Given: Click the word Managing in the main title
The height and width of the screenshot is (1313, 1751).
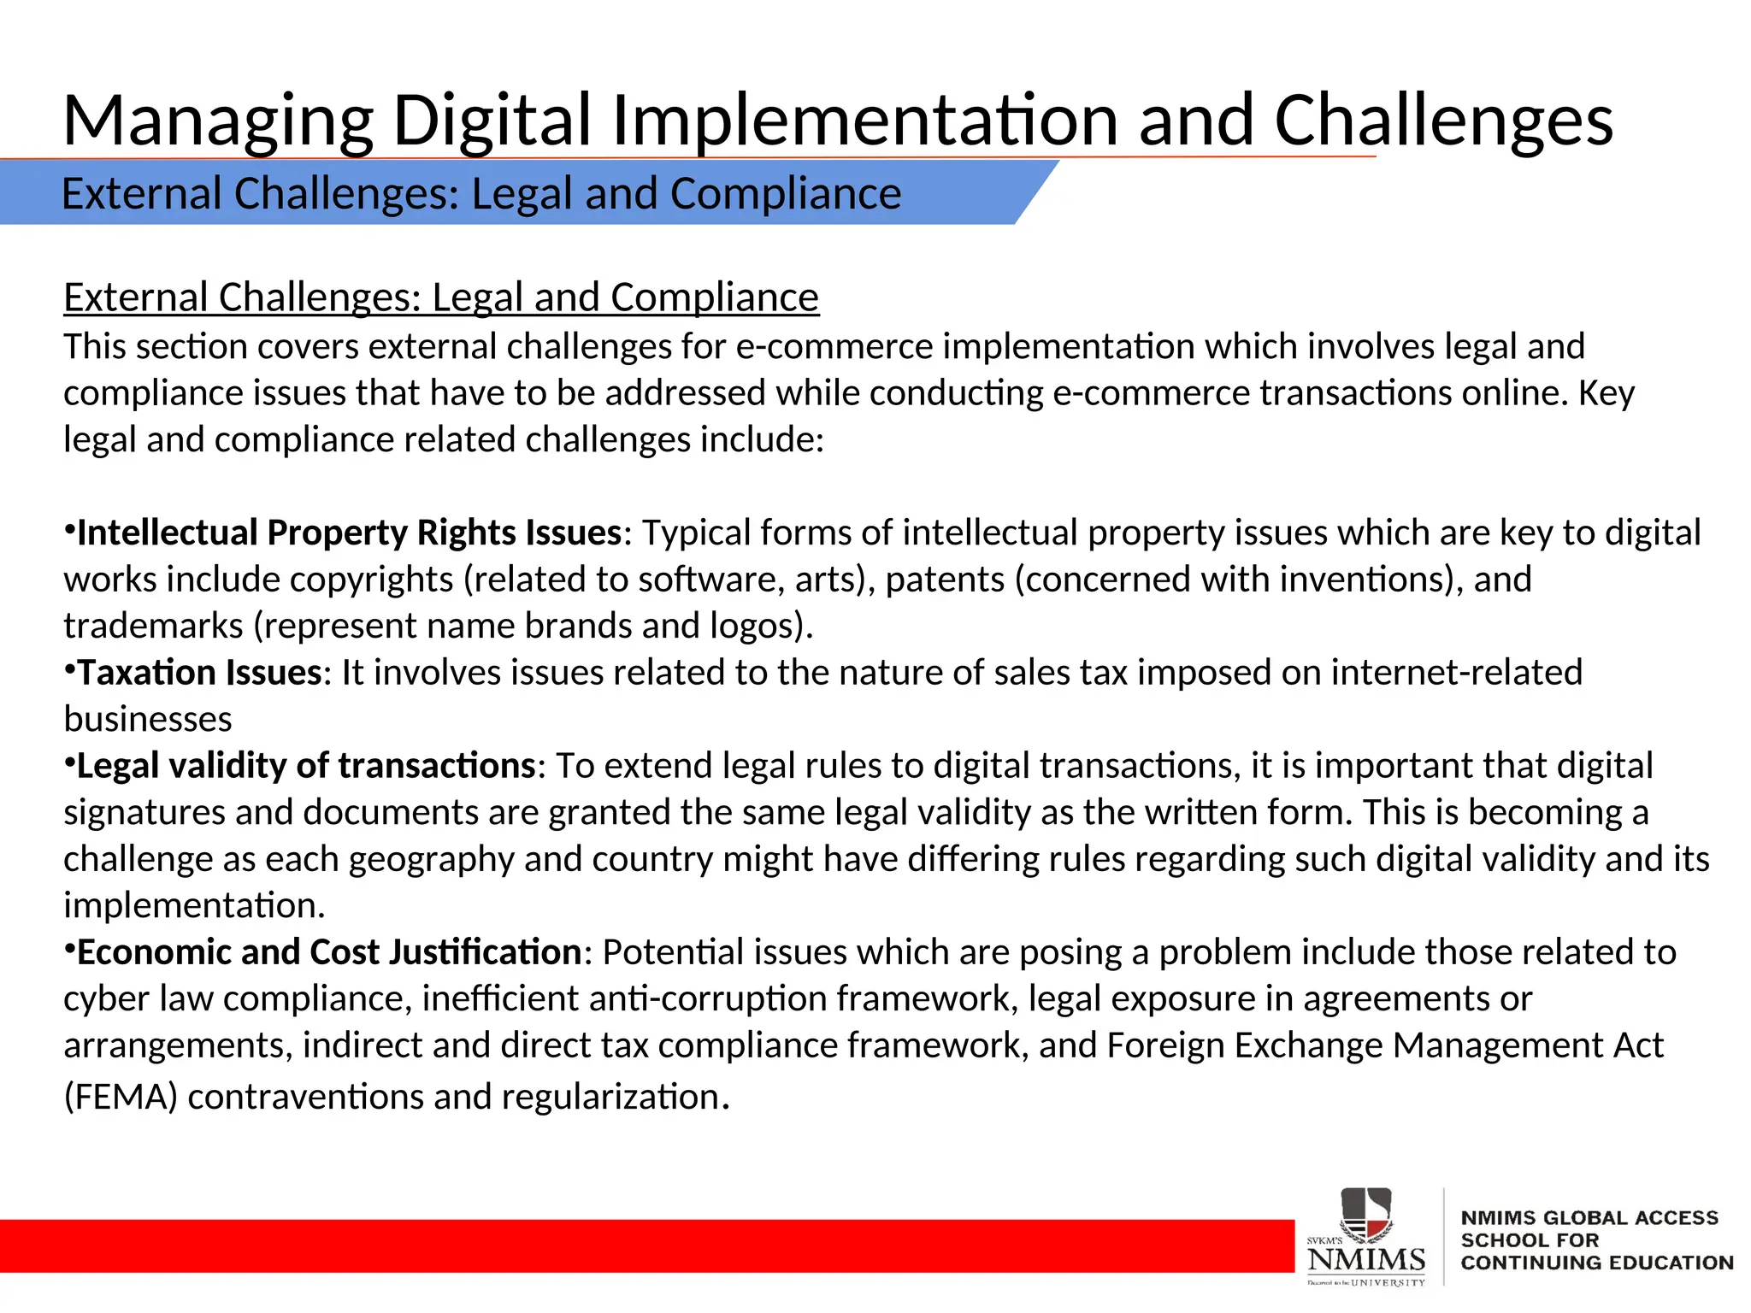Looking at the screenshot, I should click(218, 121).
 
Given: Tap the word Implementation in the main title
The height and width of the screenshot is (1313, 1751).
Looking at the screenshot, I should click(864, 121).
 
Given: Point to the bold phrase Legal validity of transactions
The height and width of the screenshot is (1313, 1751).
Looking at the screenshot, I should click(306, 766).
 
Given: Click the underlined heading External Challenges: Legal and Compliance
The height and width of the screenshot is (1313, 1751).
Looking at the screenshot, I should click(441, 297).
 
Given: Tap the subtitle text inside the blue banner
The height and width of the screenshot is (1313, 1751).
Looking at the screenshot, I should click(481, 193).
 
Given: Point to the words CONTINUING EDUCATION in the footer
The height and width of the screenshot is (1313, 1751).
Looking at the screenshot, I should click(1597, 1263).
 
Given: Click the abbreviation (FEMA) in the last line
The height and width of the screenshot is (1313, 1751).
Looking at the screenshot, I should click(121, 1097).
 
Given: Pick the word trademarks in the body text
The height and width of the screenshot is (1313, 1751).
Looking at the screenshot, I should click(153, 626).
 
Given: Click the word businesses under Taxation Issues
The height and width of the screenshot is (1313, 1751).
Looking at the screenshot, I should click(148, 720).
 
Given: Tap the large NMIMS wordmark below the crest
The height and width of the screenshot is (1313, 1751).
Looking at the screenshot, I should click(1366, 1259).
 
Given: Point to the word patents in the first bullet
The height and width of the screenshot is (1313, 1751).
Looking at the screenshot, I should click(945, 580).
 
